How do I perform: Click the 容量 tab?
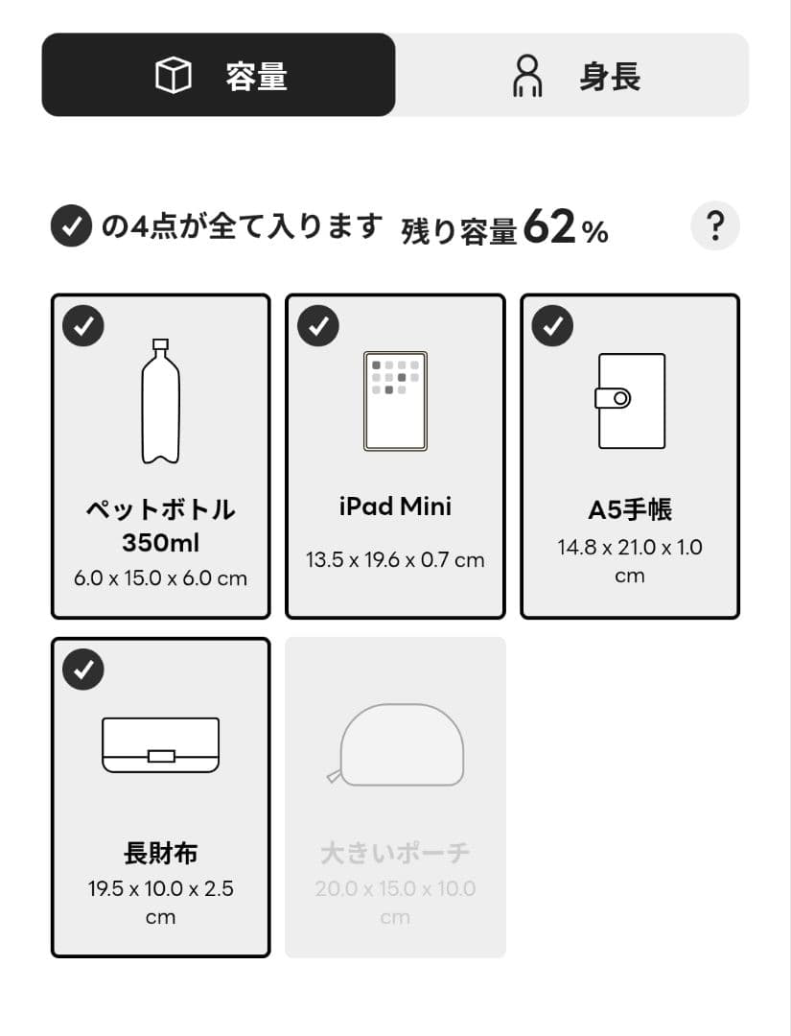click(x=219, y=75)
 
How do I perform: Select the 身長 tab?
click(x=572, y=75)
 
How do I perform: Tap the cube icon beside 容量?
click(x=174, y=76)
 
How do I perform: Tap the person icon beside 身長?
click(x=527, y=76)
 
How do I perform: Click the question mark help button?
click(x=714, y=227)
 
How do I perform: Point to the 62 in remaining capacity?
click(x=549, y=227)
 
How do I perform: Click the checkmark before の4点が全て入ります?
click(x=71, y=227)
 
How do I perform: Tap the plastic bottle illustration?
click(x=160, y=401)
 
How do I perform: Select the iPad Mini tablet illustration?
click(x=395, y=401)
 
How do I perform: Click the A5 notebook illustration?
click(x=629, y=400)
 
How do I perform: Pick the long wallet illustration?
click(x=160, y=745)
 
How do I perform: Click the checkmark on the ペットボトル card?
click(x=83, y=327)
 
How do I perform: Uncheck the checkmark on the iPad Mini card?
click(x=318, y=327)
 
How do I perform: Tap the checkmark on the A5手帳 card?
click(x=553, y=327)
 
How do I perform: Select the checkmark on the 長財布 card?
click(x=83, y=671)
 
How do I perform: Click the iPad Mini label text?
click(x=395, y=506)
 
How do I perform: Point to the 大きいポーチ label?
click(x=395, y=853)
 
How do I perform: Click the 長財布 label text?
click(x=160, y=853)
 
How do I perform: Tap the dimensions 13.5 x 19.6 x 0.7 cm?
click(x=395, y=560)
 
